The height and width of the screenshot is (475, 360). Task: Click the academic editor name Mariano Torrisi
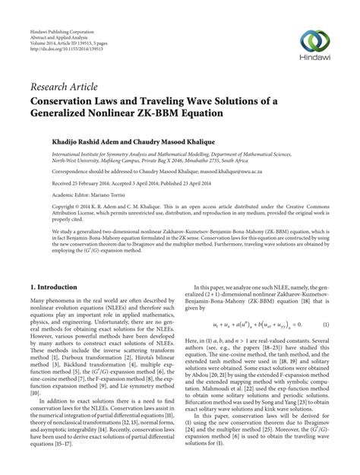103,195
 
